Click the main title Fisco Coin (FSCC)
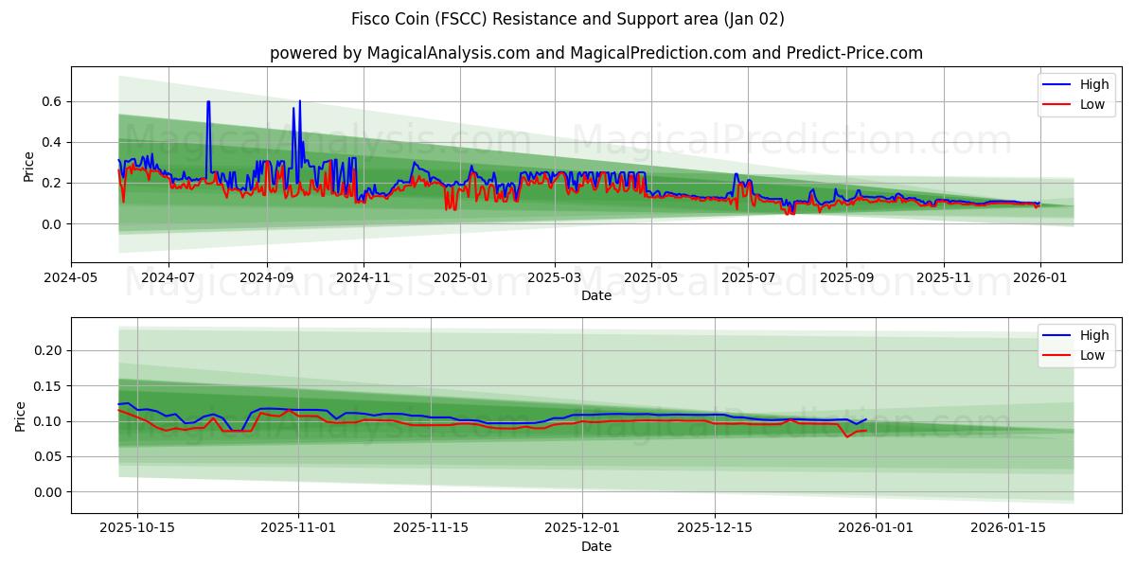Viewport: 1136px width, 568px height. click(568, 19)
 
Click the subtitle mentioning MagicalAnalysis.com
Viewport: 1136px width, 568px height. click(596, 53)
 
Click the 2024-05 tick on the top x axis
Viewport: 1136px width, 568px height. click(71, 278)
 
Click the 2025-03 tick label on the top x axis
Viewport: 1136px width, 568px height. click(555, 278)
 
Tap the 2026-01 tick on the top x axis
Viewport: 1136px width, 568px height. click(1040, 278)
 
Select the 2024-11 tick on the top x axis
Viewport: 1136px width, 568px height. click(364, 278)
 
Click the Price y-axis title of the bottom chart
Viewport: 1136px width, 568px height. click(21, 416)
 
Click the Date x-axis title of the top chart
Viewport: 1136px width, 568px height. click(596, 295)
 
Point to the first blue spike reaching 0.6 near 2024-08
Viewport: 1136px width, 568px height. click(208, 102)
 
